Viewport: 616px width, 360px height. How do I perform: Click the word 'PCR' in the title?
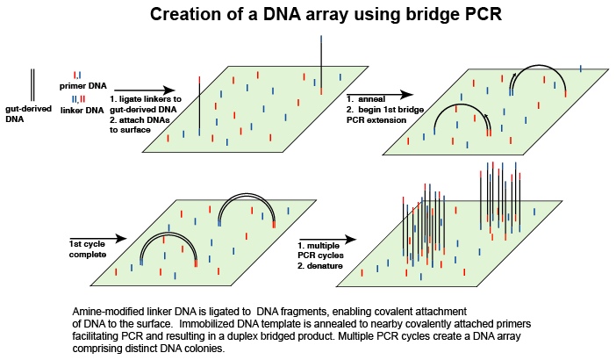click(484, 14)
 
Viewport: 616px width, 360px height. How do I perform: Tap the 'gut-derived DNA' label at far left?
click(28, 114)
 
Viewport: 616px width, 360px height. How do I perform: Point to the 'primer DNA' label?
click(82, 86)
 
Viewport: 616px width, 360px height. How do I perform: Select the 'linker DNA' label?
click(82, 111)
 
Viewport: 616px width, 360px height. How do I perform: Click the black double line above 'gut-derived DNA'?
click(32, 85)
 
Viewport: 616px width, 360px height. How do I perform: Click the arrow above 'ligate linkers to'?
click(145, 90)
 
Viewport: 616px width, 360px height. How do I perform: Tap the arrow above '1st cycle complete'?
click(97, 238)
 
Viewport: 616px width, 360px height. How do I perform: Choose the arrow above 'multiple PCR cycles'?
click(327, 240)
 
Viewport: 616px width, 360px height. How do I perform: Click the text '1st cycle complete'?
click(88, 249)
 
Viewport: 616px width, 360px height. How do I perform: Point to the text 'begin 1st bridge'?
click(390, 110)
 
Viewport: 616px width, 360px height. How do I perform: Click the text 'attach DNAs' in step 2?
click(144, 120)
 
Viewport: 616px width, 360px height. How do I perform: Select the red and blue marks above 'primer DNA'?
click(77, 75)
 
